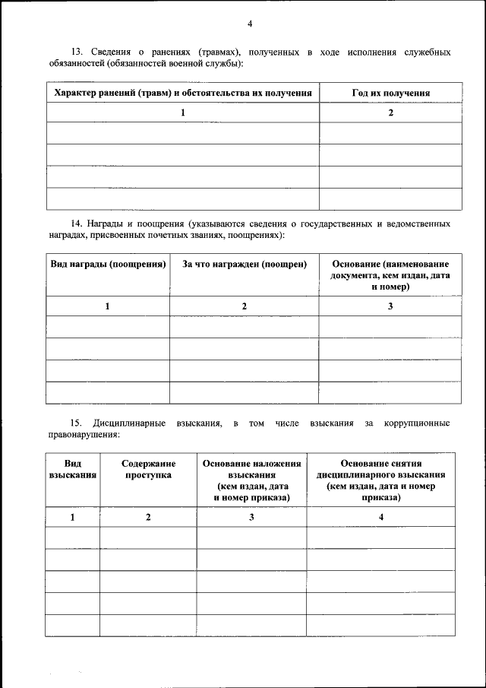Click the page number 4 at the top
tap(250, 23)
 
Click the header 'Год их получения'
tap(391, 93)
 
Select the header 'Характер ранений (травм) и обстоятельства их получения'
tap(182, 93)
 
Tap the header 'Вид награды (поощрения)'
tap(108, 264)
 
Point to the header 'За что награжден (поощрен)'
tap(244, 264)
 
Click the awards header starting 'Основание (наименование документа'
tap(390, 275)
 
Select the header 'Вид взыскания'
tap(73, 469)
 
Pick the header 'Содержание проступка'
tap(148, 469)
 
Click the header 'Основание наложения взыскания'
tap(251, 480)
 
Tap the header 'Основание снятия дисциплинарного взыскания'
tap(381, 480)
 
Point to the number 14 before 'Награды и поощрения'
tap(76, 224)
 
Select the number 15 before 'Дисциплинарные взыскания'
tap(76, 423)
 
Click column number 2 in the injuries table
tap(391, 113)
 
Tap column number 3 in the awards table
tap(390, 306)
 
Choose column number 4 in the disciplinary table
tap(381, 517)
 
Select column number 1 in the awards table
tap(108, 306)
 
